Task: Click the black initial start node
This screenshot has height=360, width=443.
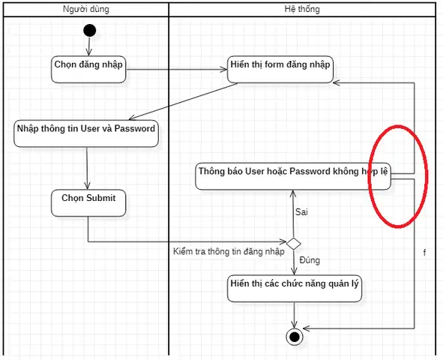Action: (x=89, y=31)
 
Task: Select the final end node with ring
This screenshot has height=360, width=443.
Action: (x=295, y=337)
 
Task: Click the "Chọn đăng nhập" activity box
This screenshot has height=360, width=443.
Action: (x=88, y=70)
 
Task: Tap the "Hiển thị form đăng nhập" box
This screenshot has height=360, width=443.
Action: (x=280, y=70)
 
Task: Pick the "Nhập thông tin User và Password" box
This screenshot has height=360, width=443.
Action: (x=86, y=133)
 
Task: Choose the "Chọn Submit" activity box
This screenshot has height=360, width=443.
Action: (x=88, y=203)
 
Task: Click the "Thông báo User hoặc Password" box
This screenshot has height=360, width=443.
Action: (x=293, y=176)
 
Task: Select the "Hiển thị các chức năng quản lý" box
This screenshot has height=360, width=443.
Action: (x=295, y=289)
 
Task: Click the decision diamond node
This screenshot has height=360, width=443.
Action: (x=294, y=243)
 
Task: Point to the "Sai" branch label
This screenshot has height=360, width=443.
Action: (x=301, y=212)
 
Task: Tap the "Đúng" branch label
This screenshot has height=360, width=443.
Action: (x=310, y=260)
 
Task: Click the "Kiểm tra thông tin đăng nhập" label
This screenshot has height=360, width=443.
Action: (x=229, y=251)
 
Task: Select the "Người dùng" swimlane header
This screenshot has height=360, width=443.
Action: (x=86, y=9)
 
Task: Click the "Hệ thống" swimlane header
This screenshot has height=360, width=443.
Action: (x=302, y=9)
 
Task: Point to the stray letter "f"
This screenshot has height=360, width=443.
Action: (x=425, y=252)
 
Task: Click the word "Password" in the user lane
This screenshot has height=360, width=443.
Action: (x=135, y=128)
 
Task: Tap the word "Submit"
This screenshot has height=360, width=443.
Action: (x=101, y=198)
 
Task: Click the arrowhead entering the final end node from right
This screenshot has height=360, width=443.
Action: (x=307, y=328)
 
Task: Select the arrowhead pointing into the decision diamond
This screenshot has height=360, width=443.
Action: (x=283, y=241)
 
